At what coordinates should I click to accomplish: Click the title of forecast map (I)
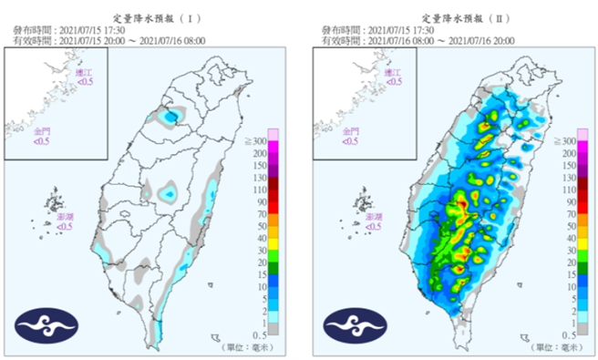click(x=149, y=17)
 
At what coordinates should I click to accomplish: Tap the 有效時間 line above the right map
click(x=415, y=40)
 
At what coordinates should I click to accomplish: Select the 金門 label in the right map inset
click(x=351, y=133)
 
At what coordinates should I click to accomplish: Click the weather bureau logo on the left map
click(x=46, y=325)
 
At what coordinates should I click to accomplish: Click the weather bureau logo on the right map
click(x=355, y=325)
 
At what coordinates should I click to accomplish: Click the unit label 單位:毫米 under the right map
click(x=555, y=347)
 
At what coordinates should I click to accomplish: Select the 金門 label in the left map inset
click(x=42, y=133)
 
